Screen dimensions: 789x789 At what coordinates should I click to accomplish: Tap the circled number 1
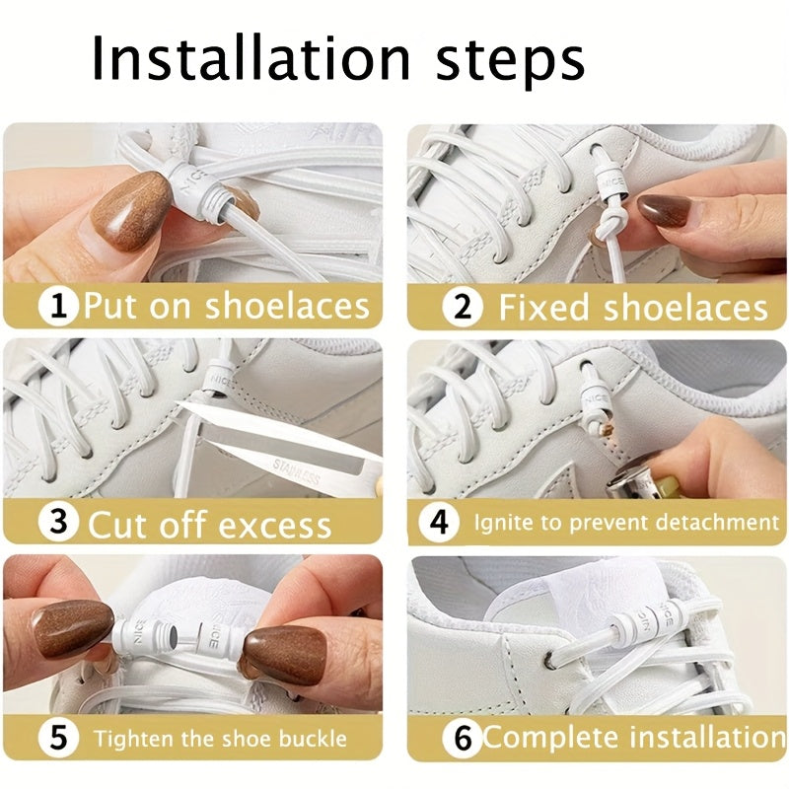coord(59,306)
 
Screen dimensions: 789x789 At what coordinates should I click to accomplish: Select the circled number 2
coord(462,307)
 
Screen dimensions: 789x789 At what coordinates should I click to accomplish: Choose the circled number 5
coord(59,738)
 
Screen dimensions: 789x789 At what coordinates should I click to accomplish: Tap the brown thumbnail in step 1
coord(130,209)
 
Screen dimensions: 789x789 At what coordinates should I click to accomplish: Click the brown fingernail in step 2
coord(665,209)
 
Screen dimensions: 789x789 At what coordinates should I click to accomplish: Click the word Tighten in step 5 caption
coord(131,738)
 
